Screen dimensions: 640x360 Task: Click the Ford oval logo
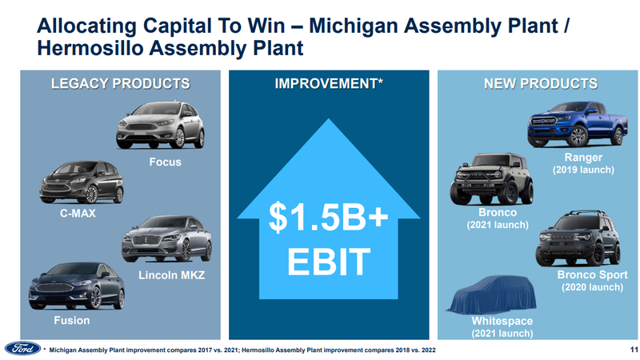coord(23,348)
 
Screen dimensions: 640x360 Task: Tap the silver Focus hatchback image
coord(161,125)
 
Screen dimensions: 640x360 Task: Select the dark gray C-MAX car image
coord(82,182)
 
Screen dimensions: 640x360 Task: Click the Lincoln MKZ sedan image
coord(167,238)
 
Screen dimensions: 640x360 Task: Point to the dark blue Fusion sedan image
coord(77,286)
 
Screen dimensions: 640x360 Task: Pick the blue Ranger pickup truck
coord(578,124)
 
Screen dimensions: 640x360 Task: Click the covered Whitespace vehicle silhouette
coord(491,294)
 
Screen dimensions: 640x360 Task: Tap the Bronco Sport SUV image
coord(578,238)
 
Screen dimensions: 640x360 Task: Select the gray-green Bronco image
coord(492,178)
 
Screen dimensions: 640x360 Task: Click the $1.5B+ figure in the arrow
coord(328,217)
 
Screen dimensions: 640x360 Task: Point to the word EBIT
coord(329,262)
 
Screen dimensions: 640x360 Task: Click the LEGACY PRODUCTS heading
coord(121,84)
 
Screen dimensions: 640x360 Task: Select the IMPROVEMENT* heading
coord(329,84)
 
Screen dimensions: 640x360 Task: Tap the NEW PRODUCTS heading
coord(541,84)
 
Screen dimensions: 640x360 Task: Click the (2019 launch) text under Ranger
coord(583,170)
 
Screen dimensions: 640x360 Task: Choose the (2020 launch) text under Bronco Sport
coord(592,287)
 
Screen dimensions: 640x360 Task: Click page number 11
coord(634,350)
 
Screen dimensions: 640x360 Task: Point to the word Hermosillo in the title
coord(90,48)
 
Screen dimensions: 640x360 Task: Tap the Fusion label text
coord(72,321)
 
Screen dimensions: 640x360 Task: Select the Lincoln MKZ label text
coord(171,275)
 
